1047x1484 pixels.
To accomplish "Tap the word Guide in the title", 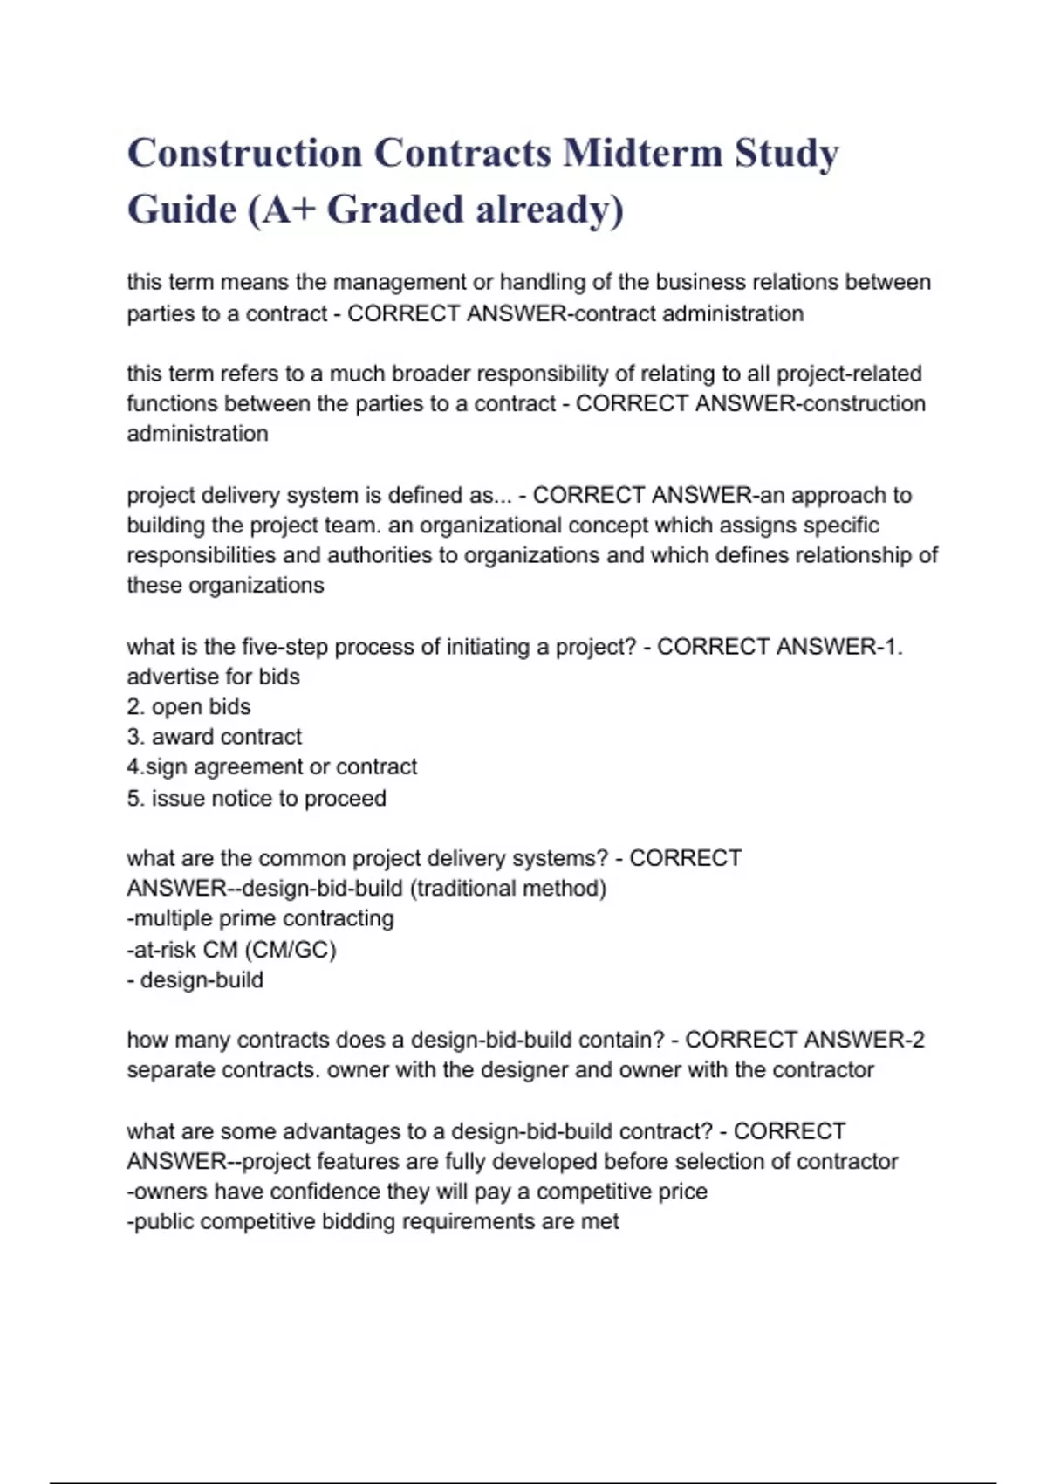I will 181,210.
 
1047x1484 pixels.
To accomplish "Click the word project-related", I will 849,374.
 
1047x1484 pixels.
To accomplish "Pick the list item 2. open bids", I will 188,707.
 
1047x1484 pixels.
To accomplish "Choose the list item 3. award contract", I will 214,737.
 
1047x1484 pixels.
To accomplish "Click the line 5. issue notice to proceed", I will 256,798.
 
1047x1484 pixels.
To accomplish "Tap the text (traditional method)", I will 508,889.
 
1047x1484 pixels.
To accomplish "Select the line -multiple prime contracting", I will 260,918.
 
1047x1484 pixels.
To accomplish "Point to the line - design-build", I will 195,979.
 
